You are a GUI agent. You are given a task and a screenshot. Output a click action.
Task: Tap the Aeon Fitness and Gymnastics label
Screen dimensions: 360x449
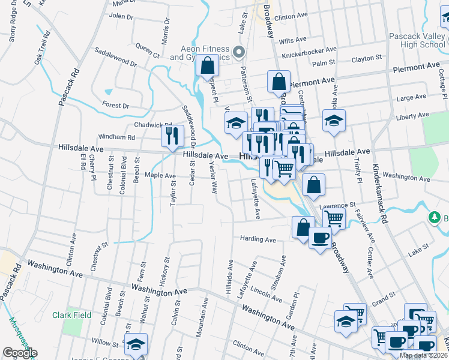click(x=200, y=53)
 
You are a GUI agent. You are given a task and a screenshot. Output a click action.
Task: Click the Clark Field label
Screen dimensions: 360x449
click(x=71, y=315)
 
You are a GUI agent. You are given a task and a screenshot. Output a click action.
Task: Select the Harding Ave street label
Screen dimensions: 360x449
click(x=258, y=239)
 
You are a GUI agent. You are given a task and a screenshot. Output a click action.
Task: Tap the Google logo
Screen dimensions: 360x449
click(x=20, y=353)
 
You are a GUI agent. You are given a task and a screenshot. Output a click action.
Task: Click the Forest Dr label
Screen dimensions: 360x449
click(x=115, y=106)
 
